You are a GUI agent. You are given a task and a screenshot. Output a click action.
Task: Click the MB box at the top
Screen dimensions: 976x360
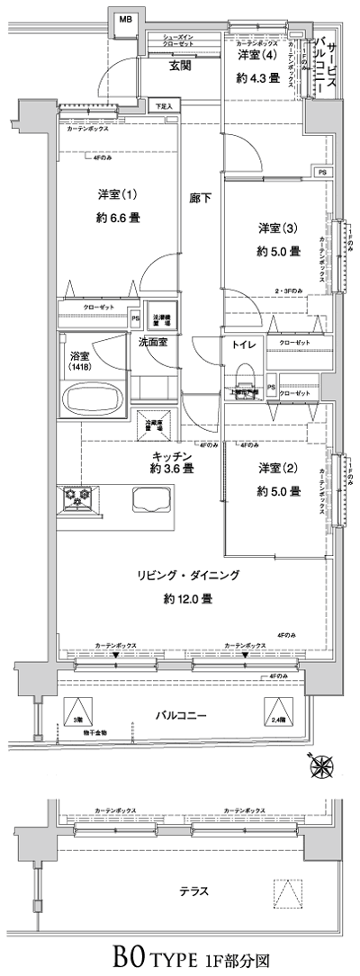[x=125, y=17]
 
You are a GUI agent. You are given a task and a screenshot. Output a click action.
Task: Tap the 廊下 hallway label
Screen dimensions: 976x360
[x=201, y=198]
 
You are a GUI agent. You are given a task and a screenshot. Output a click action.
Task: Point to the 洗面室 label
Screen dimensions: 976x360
[x=154, y=342]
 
